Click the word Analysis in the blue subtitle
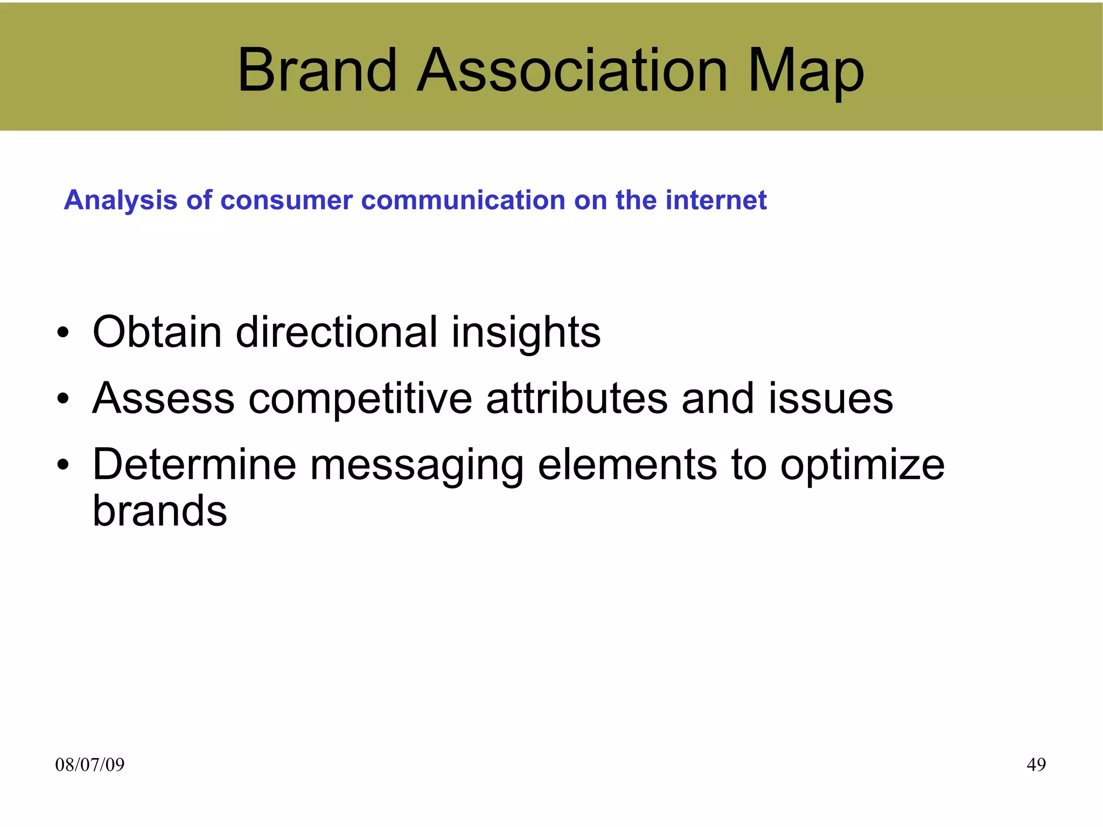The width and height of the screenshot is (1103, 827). pos(120,200)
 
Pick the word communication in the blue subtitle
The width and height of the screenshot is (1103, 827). pos(463,200)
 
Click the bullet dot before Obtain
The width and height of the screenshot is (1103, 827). pos(63,333)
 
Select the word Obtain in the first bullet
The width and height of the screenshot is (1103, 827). pos(157,332)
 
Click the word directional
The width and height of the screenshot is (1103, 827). pos(337,332)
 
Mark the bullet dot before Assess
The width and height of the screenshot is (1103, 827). pos(63,399)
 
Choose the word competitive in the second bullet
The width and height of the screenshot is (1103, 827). pos(360,399)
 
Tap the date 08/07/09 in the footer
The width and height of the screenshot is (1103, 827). pos(89,765)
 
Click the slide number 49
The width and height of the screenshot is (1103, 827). pos(1036,765)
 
